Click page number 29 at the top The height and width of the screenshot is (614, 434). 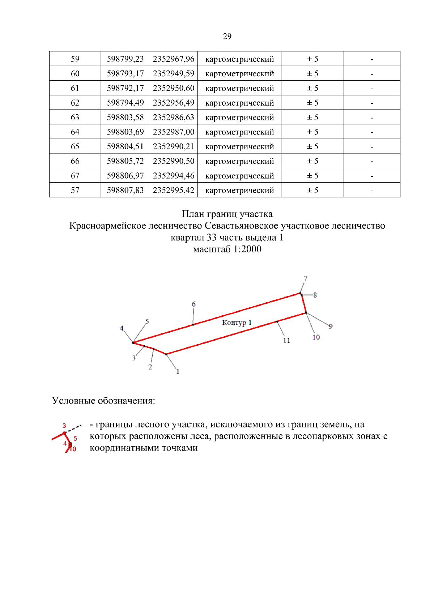point(227,36)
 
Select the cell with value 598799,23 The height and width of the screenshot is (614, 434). point(125,59)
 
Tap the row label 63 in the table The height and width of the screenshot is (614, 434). point(75,117)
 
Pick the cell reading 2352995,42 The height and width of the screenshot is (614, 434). point(174,190)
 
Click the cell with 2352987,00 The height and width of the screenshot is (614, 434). point(174,132)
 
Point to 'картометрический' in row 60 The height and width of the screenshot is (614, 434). point(239,74)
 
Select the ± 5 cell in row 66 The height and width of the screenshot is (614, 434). point(312,161)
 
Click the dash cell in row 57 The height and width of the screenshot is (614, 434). point(372,191)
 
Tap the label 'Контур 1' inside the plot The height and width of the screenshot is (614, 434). point(237,322)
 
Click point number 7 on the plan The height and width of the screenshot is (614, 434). point(306,278)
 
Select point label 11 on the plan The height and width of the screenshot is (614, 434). point(286,340)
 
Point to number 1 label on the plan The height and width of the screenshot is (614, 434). point(178,371)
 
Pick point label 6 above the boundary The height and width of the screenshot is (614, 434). point(193,304)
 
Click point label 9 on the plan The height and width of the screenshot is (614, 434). point(331,326)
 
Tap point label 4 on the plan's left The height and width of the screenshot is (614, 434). point(122,328)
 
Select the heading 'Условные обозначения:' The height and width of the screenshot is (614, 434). point(103,401)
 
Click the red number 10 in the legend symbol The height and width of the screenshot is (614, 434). point(73,449)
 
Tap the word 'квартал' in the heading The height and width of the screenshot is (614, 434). point(187,238)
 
